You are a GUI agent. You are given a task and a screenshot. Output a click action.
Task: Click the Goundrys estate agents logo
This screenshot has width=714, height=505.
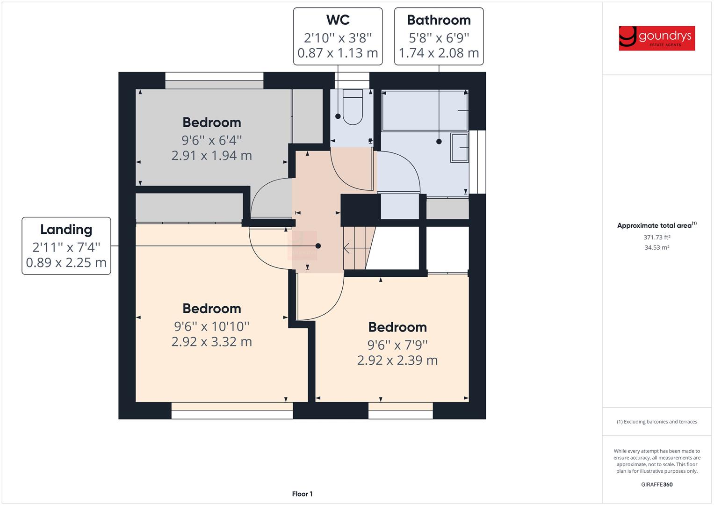656,38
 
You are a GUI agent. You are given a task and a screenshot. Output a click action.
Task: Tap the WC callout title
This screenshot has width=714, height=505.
338,20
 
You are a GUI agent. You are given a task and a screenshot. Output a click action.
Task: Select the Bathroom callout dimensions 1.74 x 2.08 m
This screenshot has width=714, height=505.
439,53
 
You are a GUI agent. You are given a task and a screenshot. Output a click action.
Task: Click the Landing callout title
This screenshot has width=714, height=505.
66,230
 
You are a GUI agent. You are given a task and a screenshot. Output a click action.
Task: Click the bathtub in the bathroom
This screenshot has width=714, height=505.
425,110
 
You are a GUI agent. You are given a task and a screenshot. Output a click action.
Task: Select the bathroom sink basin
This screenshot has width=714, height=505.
459,147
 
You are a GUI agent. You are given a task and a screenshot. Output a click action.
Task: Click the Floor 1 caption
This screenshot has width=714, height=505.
302,494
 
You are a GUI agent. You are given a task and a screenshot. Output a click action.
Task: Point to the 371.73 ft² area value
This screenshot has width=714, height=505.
656,238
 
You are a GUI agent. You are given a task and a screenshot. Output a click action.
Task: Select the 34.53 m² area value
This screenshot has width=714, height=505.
656,247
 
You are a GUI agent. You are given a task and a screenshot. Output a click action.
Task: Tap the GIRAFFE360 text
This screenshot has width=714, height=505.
656,484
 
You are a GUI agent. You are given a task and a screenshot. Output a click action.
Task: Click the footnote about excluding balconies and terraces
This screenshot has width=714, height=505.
656,422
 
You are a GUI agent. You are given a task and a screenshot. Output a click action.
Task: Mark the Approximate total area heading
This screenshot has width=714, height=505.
656,225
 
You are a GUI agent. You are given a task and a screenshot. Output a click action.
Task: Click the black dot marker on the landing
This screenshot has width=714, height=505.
318,246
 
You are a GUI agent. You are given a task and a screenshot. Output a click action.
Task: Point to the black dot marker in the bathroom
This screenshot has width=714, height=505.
439,141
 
